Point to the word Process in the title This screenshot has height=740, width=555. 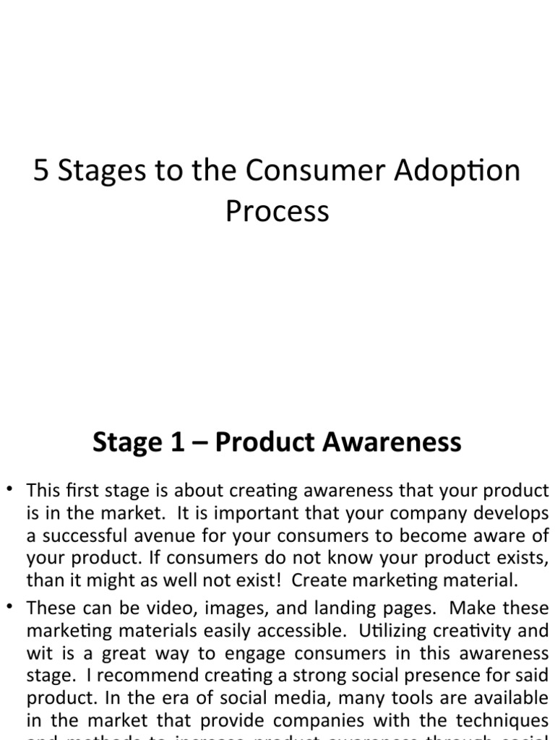(277, 211)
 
